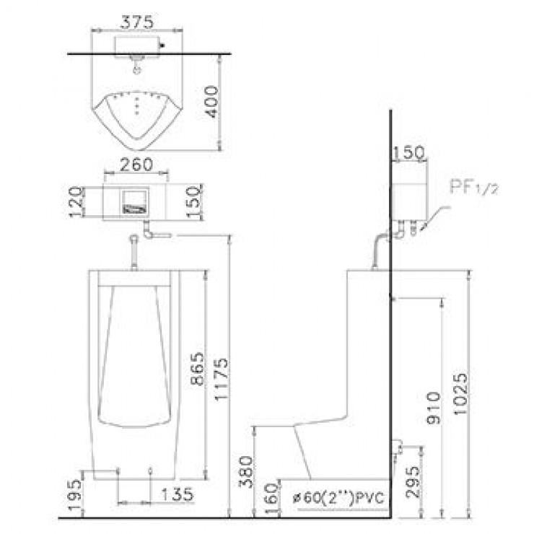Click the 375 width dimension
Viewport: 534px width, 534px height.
pos(137,22)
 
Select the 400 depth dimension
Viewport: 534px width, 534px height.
pos(212,102)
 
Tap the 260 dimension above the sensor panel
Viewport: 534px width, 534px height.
pos(136,165)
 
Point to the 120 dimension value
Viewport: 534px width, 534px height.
pos(76,201)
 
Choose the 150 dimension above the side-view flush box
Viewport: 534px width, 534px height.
pos(408,152)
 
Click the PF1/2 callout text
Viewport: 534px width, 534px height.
pos(473,187)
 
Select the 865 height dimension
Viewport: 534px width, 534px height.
pos(198,369)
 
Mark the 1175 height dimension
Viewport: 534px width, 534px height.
pos(221,379)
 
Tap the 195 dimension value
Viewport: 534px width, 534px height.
pos(75,495)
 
